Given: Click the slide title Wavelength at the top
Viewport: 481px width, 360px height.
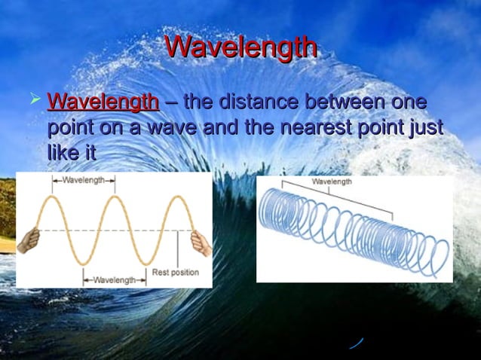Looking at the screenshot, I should tap(240, 47).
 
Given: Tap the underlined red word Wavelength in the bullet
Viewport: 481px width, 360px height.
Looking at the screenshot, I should tap(103, 102).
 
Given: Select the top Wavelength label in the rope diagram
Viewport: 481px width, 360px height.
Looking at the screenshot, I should tap(83, 181).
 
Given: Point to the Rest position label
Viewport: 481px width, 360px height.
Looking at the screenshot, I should tap(175, 272).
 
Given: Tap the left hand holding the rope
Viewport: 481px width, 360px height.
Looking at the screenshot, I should tap(29, 240).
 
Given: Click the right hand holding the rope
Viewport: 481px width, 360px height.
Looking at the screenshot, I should tap(201, 243).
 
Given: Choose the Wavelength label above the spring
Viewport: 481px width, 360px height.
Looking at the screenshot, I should tap(332, 182).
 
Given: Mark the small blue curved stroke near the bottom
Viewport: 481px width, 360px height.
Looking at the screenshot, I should tap(356, 343).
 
